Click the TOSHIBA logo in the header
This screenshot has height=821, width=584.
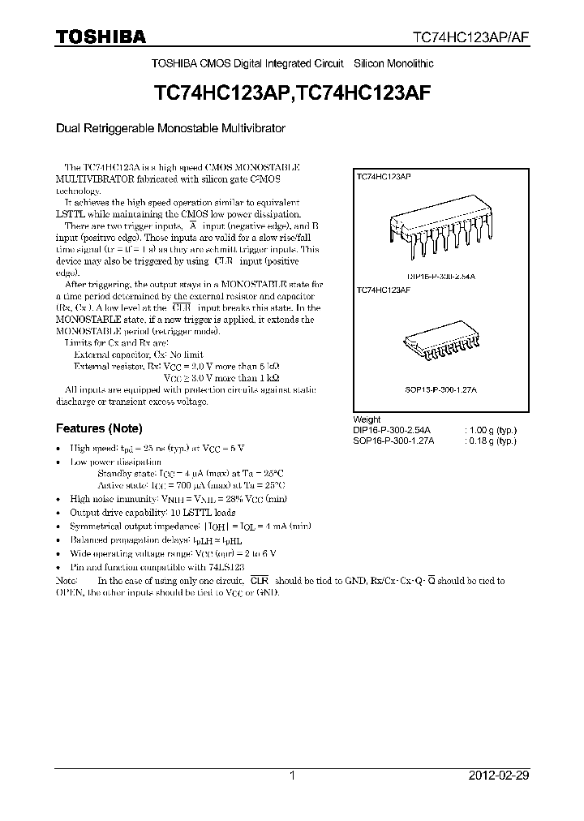(101, 37)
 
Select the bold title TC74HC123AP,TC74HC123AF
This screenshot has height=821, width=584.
(291, 93)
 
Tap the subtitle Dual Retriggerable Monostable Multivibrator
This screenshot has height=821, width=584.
(170, 128)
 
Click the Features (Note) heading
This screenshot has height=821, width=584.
(98, 428)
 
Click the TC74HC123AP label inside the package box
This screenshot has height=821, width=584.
(383, 176)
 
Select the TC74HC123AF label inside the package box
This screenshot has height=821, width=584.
(383, 288)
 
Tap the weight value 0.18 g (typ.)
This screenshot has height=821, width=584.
(492, 441)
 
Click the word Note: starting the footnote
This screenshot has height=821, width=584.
(66, 581)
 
